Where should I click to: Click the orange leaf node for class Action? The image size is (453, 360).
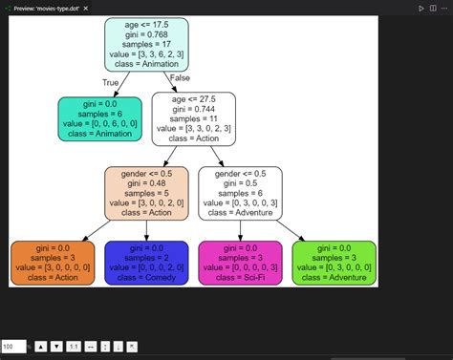tap(54, 263)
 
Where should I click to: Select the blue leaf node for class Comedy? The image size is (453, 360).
tap(146, 263)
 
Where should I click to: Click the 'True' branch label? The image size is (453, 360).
tap(110, 83)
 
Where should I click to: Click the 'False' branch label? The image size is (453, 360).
tap(179, 76)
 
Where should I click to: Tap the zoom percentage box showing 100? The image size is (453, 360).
tap(12, 346)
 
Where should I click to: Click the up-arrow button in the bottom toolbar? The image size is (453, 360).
tap(40, 346)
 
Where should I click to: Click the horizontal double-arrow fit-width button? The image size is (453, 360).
tap(91, 346)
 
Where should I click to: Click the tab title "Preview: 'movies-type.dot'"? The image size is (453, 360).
tap(48, 8)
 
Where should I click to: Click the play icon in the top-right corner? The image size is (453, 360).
tap(421, 8)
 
